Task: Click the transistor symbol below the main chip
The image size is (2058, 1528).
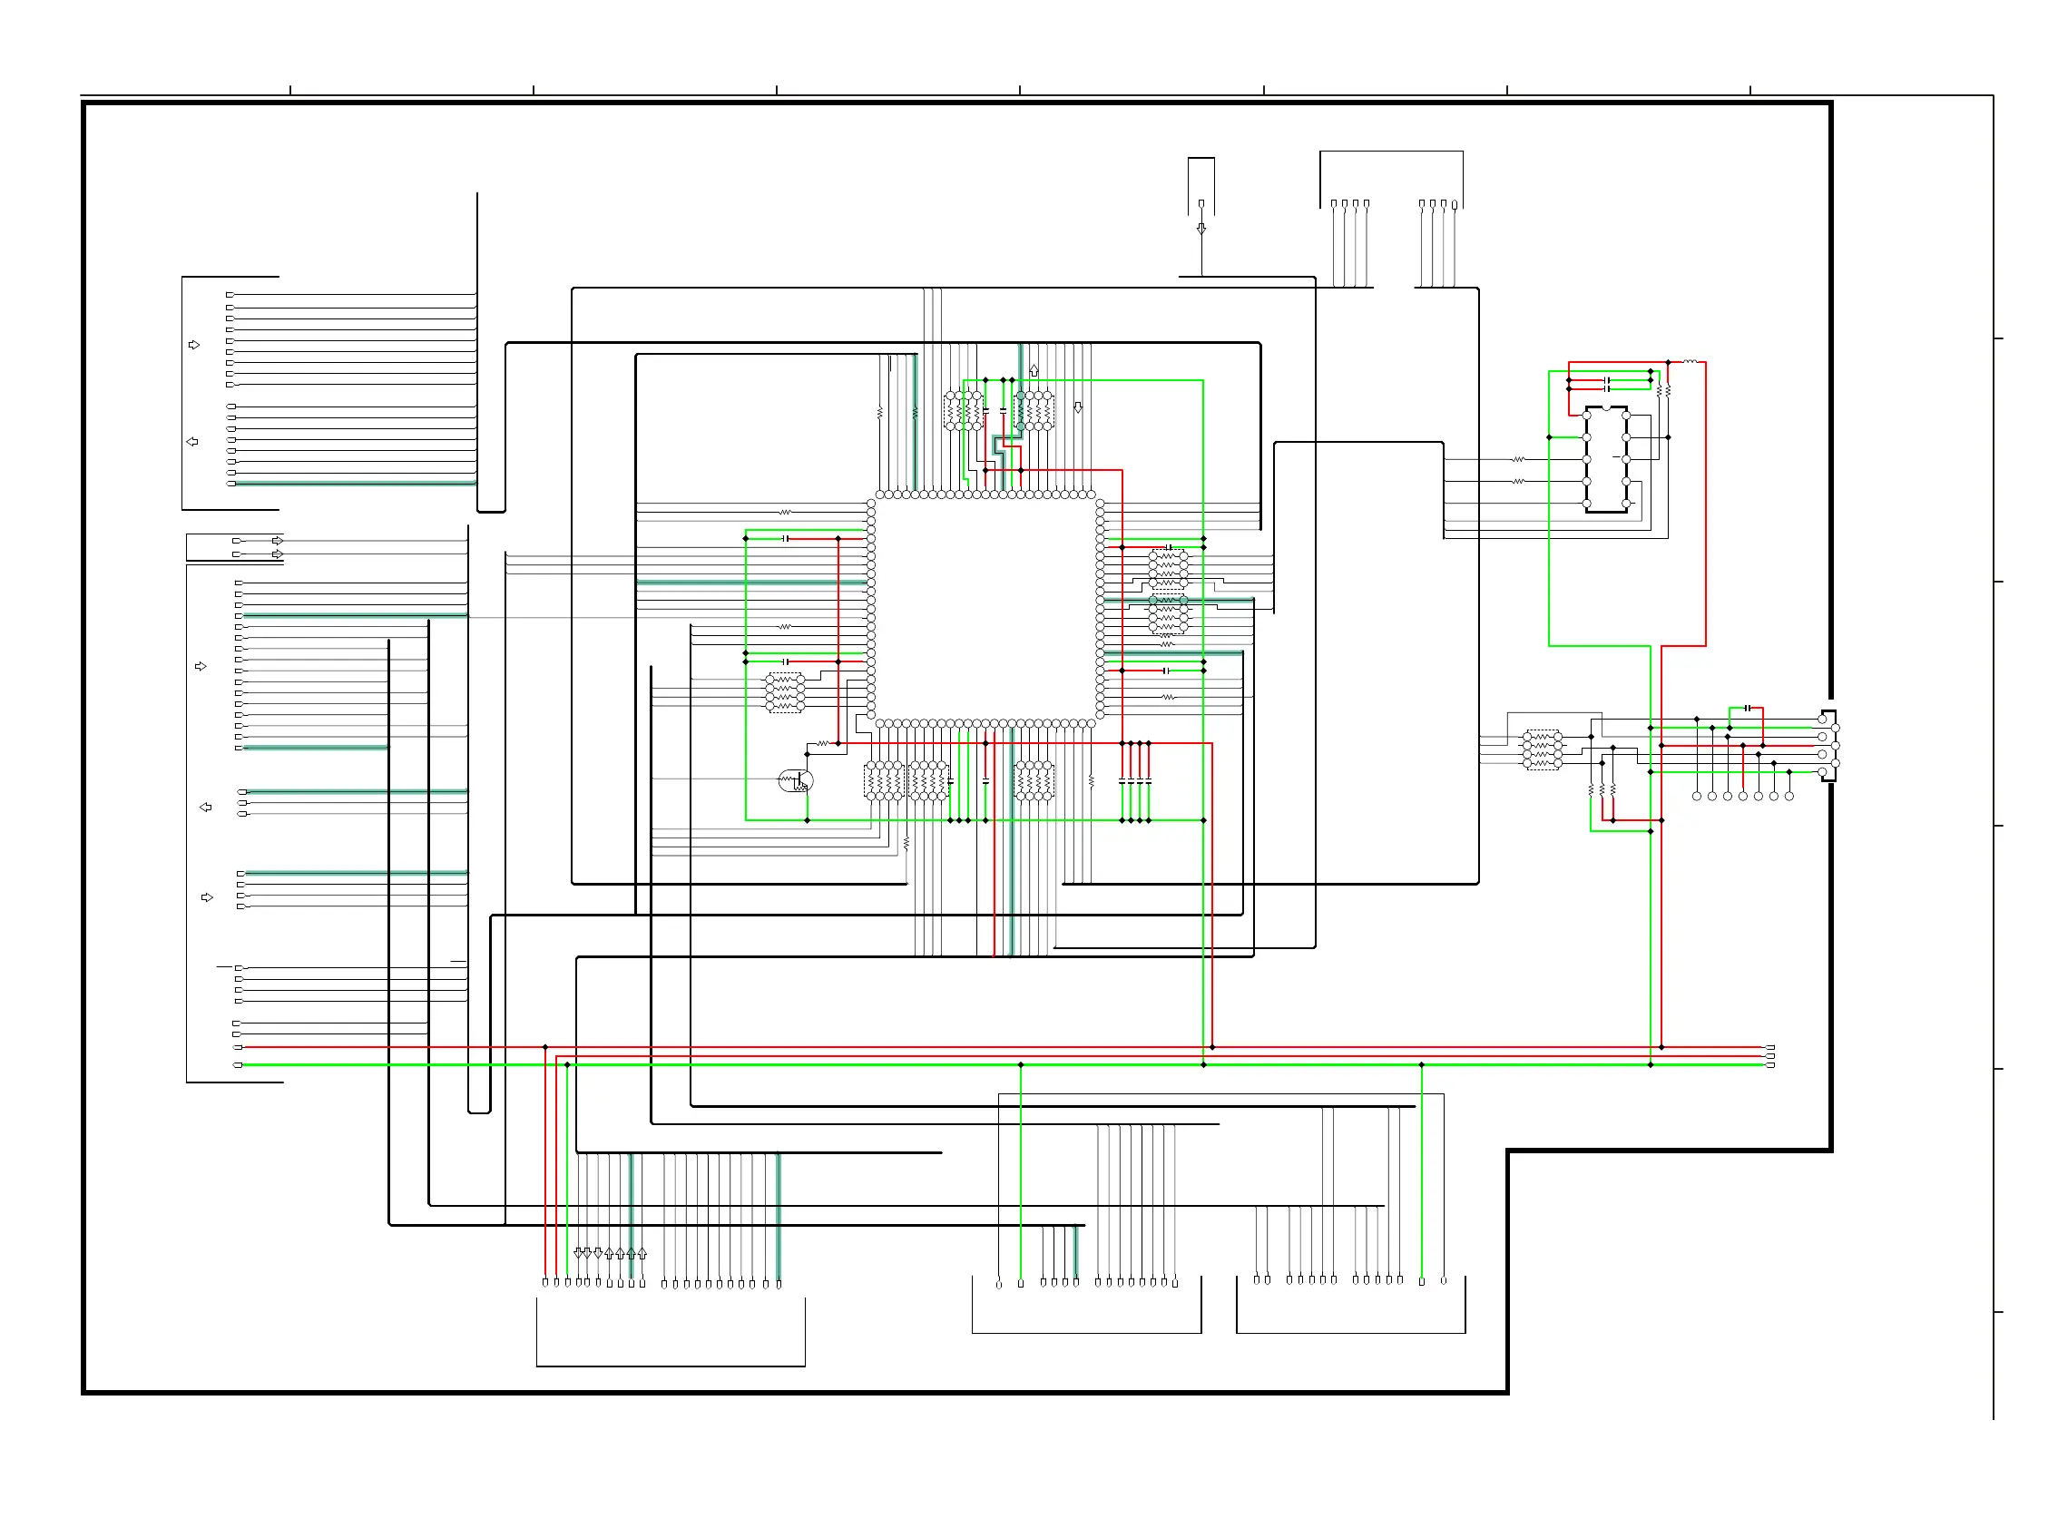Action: [797, 780]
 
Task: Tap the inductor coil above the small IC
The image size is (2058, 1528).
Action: [1690, 362]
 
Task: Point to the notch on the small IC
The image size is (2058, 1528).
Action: [1607, 408]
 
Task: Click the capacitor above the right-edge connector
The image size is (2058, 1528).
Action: [1748, 709]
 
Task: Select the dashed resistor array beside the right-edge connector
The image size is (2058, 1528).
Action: [1542, 749]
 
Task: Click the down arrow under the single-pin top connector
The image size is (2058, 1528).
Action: [1201, 229]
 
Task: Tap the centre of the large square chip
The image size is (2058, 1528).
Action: [985, 609]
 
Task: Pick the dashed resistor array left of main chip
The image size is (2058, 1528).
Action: [784, 693]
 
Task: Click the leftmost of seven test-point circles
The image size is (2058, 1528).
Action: [1696, 797]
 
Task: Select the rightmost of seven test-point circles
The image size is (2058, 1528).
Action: [1788, 797]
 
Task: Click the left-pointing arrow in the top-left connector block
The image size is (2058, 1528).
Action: [192, 442]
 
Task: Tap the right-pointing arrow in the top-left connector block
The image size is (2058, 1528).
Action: [194, 345]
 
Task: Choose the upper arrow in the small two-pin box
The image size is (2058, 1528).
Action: [278, 540]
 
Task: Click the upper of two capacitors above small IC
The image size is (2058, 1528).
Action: [1608, 380]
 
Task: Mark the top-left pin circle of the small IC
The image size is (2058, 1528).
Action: [1587, 416]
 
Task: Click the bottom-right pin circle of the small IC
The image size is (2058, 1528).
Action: [1626, 504]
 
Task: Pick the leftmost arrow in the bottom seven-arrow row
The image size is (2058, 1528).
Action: [578, 1253]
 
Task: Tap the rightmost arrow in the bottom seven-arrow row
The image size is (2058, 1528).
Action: [642, 1254]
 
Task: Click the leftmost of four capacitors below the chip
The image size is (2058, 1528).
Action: [1122, 782]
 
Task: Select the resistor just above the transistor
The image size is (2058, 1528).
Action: [822, 744]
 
